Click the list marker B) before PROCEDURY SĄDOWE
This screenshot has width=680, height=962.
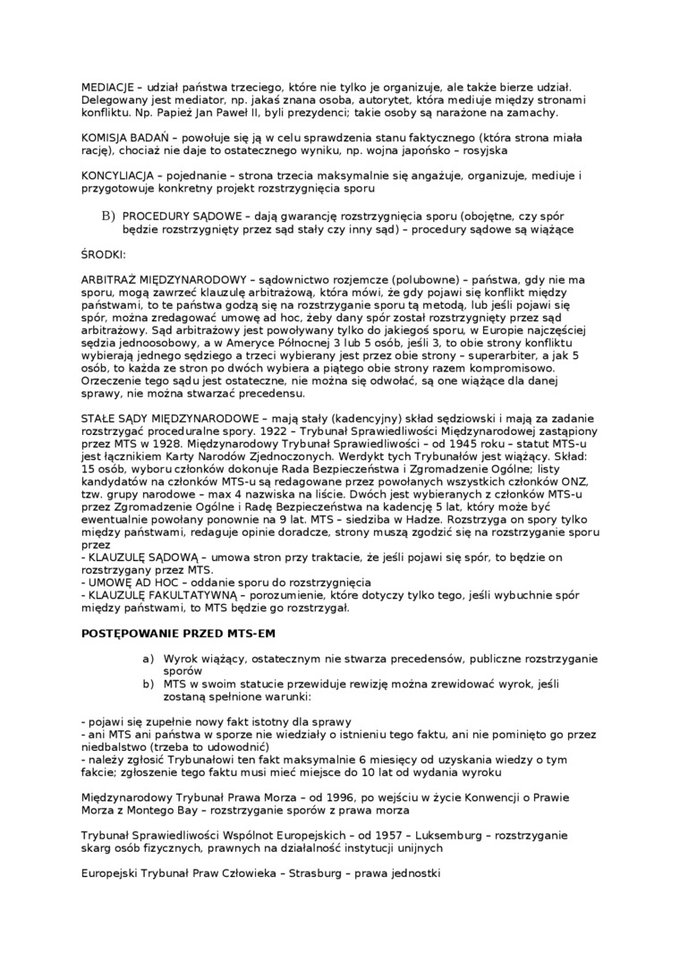108,216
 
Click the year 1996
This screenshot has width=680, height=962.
327,796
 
